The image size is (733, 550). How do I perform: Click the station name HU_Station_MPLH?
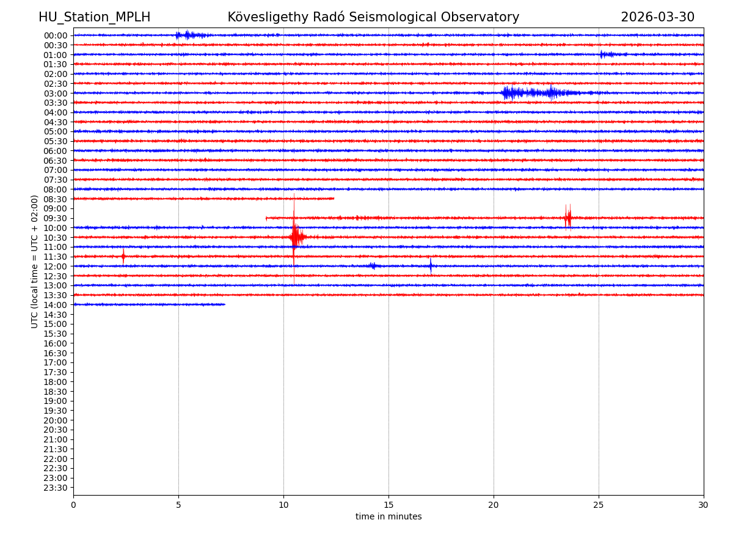(94, 18)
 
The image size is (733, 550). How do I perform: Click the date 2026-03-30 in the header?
(657, 18)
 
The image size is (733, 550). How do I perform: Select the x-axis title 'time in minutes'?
(388, 517)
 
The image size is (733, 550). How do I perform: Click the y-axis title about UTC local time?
(35, 262)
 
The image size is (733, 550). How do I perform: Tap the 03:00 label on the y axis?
(56, 94)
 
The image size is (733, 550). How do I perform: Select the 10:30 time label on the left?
(56, 238)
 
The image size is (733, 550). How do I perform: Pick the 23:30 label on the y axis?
(56, 488)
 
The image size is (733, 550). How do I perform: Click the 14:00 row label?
(56, 305)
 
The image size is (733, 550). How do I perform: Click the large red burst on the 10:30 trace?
(296, 237)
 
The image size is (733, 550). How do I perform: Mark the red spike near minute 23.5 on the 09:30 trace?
(568, 218)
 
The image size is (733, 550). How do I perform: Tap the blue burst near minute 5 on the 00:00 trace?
(188, 35)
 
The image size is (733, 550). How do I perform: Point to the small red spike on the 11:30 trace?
(123, 257)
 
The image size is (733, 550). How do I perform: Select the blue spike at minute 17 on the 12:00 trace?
(431, 266)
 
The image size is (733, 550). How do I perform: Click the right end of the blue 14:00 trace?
(224, 304)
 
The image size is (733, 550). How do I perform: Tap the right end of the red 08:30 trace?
(334, 199)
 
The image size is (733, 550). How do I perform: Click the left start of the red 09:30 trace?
(267, 218)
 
